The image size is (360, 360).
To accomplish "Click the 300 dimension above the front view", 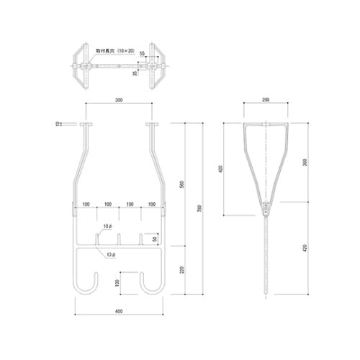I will click(117, 100).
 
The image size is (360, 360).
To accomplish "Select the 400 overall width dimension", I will click(117, 312).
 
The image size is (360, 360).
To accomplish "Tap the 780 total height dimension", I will click(199, 208).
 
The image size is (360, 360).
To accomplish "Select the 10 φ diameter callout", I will click(107, 226).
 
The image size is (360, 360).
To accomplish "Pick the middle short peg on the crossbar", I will click(119, 238).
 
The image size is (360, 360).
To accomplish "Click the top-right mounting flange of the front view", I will click(152, 125).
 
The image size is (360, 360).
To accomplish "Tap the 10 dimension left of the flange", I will click(58, 125).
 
